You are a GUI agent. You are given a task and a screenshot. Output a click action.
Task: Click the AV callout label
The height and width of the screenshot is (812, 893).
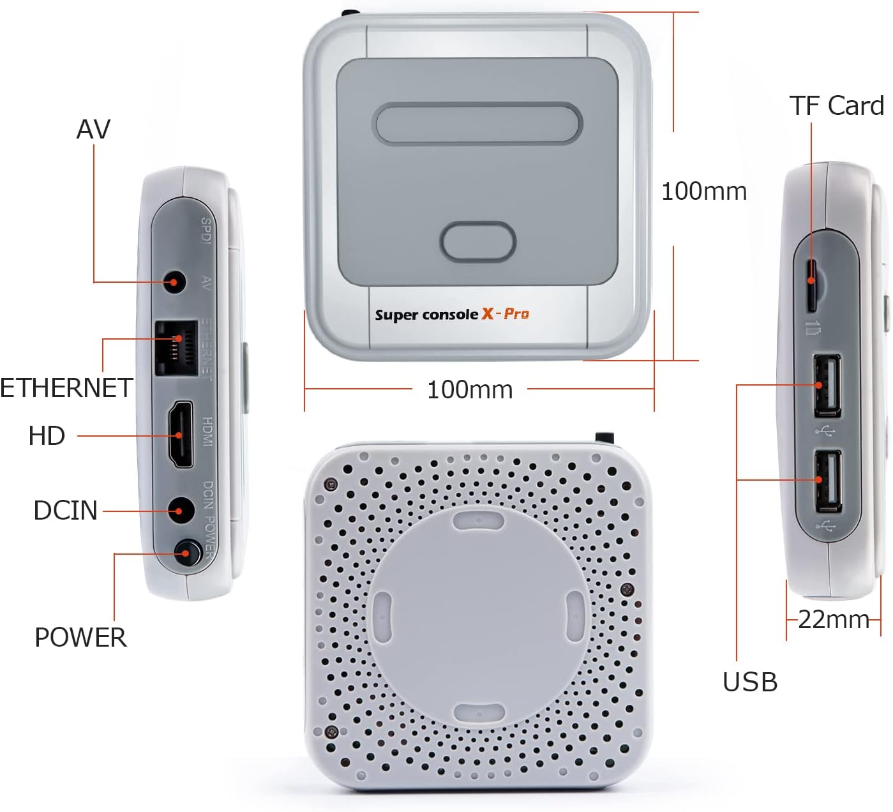click(x=93, y=130)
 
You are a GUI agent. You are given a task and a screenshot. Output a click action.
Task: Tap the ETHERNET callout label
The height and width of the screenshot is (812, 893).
click(x=66, y=388)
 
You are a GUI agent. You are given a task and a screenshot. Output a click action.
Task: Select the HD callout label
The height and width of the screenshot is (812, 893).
click(x=47, y=436)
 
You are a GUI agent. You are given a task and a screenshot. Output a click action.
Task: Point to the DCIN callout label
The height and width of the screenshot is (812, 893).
click(x=65, y=511)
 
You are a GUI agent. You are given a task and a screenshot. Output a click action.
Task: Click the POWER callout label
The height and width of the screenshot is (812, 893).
click(x=80, y=638)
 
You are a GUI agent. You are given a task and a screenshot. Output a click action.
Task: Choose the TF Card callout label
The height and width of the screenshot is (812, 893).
click(x=836, y=106)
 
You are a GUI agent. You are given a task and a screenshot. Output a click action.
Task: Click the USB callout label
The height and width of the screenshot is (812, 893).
click(x=750, y=682)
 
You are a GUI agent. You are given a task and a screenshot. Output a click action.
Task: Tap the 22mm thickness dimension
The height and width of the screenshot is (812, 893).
click(x=833, y=619)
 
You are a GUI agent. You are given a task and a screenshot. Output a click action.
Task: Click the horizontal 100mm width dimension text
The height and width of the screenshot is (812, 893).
click(x=470, y=389)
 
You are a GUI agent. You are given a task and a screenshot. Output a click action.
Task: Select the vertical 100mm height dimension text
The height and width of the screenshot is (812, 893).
click(x=703, y=192)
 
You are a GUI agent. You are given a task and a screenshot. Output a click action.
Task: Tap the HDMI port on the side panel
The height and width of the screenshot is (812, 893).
click(x=180, y=435)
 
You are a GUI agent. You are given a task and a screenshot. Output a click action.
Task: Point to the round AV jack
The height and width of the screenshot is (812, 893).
click(x=175, y=282)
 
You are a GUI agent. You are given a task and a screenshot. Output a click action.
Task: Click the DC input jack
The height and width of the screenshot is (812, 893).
click(x=180, y=511)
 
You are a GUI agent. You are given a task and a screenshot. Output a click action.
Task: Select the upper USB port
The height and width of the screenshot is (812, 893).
click(x=827, y=385)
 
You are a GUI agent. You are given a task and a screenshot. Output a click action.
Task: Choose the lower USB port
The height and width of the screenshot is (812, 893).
click(x=828, y=480)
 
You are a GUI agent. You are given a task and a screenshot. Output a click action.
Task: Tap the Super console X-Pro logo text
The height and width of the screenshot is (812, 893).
click(x=452, y=314)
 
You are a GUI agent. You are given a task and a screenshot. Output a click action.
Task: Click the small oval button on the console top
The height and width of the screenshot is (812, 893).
click(x=477, y=242)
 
